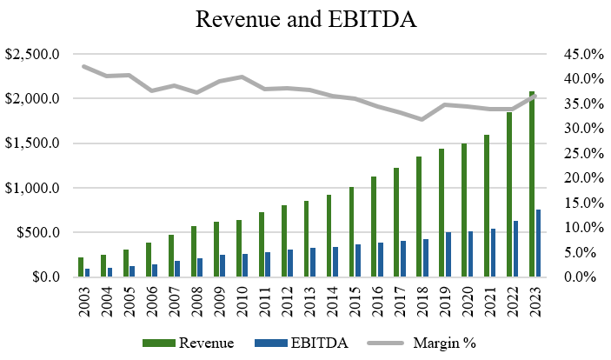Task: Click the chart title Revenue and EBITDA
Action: pyautogui.click(x=305, y=20)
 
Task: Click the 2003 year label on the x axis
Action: pyautogui.click(x=83, y=300)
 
